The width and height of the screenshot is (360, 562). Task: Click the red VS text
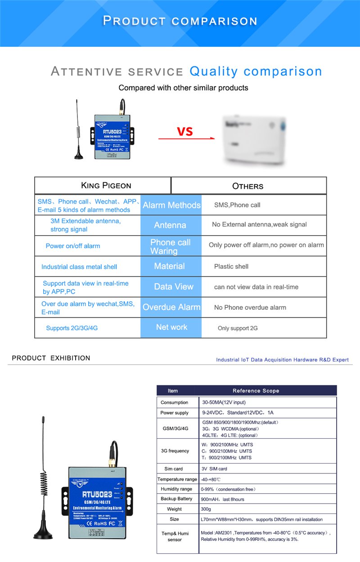[184, 131]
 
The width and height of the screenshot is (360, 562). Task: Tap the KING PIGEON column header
[106, 186]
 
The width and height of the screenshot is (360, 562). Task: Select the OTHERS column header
[247, 186]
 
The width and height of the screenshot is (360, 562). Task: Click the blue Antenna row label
[170, 225]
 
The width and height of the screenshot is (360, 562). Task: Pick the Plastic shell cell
[231, 267]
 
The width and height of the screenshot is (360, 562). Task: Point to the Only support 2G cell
[238, 328]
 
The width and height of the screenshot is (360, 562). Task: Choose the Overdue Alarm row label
[171, 307]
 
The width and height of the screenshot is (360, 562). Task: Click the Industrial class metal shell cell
[79, 267]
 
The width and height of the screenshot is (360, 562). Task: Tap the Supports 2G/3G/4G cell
[72, 328]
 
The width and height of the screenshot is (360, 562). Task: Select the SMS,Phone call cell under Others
[237, 205]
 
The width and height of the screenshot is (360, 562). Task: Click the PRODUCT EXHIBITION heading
[51, 358]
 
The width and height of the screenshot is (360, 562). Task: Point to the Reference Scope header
[256, 391]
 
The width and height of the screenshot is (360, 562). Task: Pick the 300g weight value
[206, 509]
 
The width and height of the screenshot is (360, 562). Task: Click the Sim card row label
[174, 468]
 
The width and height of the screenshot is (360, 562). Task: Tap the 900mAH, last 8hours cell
[223, 499]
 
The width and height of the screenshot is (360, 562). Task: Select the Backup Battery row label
[176, 499]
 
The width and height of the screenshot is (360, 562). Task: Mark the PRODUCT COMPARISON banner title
[180, 21]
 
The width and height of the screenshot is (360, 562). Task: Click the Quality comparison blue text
[256, 71]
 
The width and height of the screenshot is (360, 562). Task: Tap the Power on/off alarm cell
[73, 246]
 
